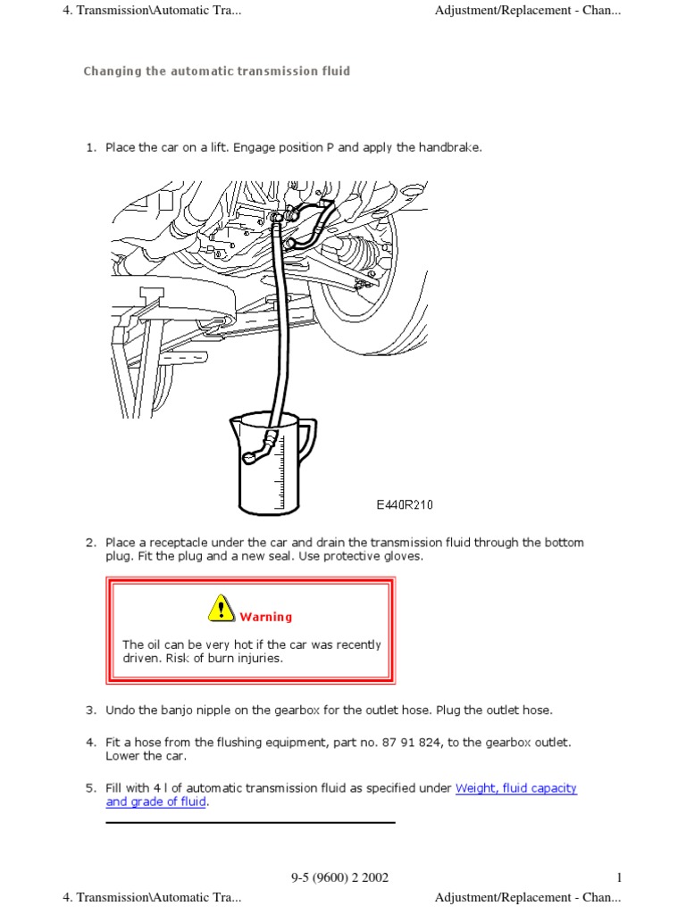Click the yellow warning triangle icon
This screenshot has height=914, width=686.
[222, 608]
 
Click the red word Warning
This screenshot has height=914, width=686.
[266, 617]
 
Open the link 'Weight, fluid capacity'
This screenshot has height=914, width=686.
[515, 788]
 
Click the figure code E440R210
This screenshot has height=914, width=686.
[405, 505]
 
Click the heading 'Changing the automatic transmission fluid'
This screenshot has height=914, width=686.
[217, 71]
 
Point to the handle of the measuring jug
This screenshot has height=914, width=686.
[308, 440]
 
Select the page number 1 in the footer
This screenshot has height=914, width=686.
[619, 877]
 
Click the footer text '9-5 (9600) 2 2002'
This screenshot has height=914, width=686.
[340, 877]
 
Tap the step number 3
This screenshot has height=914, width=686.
[90, 710]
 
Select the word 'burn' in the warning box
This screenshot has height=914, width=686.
[221, 658]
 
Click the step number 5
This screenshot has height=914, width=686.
[90, 788]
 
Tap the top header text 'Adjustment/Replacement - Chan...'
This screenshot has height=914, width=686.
[528, 10]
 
